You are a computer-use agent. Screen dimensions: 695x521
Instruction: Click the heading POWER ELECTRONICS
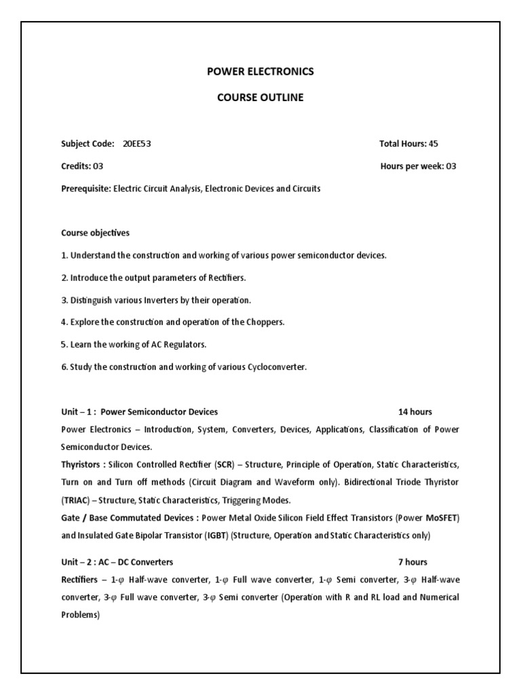click(260, 71)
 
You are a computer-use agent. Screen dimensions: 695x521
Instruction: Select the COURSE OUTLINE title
click(260, 97)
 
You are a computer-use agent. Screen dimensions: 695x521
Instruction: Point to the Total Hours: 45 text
click(412, 143)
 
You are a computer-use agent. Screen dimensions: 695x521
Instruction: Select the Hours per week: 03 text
click(418, 166)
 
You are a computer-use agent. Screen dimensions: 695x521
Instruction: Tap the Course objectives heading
click(95, 233)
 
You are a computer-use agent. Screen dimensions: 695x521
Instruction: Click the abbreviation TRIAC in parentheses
click(77, 500)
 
